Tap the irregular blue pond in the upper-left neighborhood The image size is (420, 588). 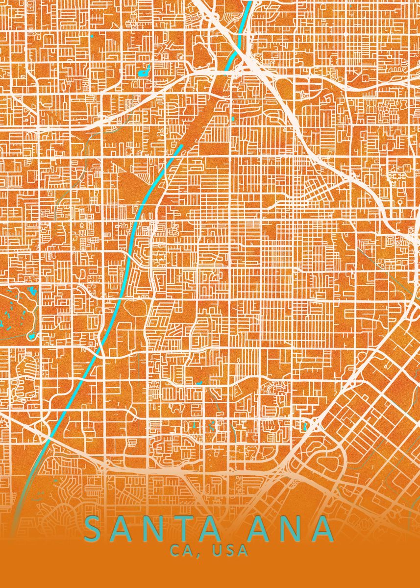click(x=145, y=71)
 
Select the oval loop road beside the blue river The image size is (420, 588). click(x=133, y=309)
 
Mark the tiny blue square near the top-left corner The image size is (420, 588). click(x=92, y=36)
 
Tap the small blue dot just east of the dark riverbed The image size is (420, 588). click(x=234, y=119)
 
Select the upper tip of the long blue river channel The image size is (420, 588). click(x=181, y=145)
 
